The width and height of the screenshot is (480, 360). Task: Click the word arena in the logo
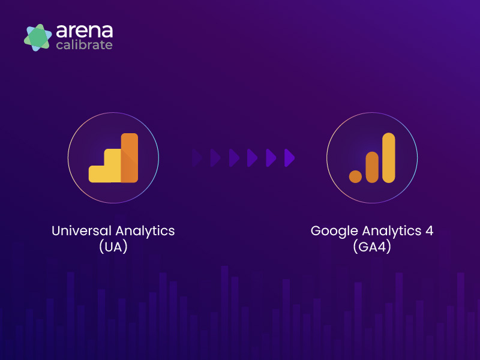[85, 31]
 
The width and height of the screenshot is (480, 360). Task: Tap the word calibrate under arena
[85, 45]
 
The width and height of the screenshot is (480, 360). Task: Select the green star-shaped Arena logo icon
[38, 37]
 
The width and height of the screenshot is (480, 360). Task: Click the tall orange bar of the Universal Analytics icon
[130, 158]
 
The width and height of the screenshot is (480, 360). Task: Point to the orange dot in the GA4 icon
[355, 176]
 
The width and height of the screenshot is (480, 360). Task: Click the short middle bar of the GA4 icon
[372, 167]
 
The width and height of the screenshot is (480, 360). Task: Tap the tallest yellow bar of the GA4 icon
[389, 158]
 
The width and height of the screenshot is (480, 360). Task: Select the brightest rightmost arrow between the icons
[289, 158]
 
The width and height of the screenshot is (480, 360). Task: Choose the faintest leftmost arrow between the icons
[197, 158]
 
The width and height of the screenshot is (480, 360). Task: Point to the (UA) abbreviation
[113, 247]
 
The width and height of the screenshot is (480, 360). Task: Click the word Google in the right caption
[334, 232]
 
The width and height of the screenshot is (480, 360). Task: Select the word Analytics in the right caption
[392, 232]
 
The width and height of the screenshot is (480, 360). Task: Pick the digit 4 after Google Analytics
[430, 231]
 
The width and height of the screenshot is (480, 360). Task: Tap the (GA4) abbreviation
[372, 247]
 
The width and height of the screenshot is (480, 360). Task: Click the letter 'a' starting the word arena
[61, 31]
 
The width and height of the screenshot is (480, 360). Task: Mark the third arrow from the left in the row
[234, 158]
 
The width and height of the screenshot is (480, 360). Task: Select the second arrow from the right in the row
[271, 158]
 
